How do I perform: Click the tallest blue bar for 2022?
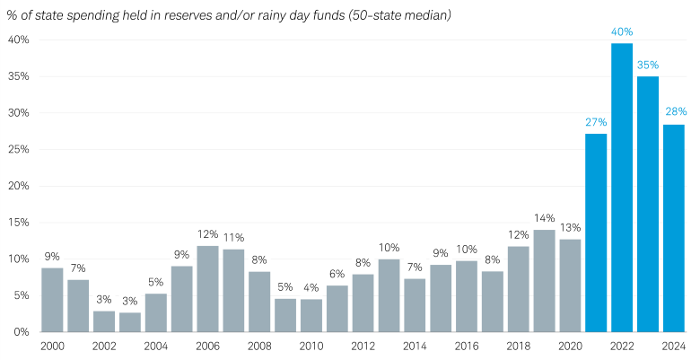coord(622,188)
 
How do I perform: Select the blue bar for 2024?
coord(674,228)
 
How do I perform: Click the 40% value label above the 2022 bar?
coord(622,31)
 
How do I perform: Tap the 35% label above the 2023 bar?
coord(648,65)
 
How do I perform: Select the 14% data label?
coord(544,218)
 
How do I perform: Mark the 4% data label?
coord(311,288)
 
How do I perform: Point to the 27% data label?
coord(596,122)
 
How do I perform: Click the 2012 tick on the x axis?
coord(363,346)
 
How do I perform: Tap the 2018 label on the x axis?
coord(518,346)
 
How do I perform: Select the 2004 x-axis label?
coord(156,346)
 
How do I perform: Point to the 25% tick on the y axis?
coord(19,150)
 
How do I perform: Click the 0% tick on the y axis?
coord(22,332)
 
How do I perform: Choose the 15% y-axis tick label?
coord(19,223)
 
